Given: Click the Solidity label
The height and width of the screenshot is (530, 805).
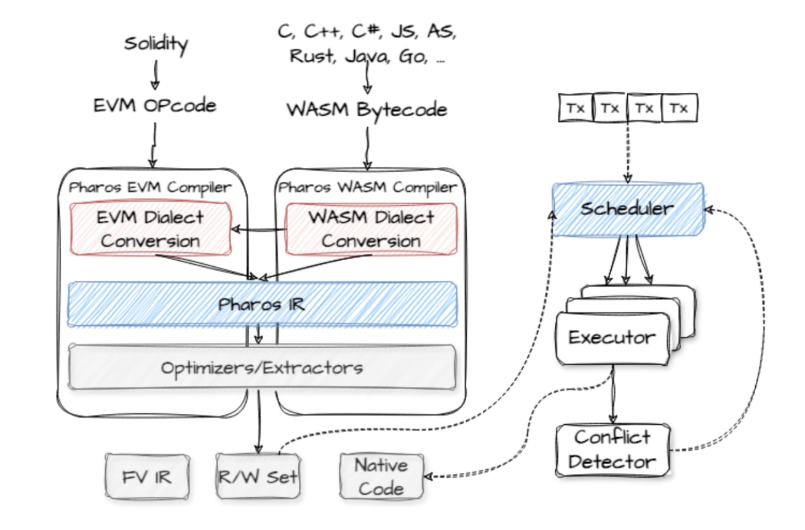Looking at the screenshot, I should pyautogui.click(x=156, y=44).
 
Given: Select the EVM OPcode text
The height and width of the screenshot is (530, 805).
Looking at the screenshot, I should pyautogui.click(x=155, y=106).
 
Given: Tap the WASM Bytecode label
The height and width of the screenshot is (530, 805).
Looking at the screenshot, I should pyautogui.click(x=367, y=109).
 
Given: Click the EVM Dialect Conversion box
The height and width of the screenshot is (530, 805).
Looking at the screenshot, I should pyautogui.click(x=151, y=229).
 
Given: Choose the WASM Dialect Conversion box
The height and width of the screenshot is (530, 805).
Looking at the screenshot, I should pyautogui.click(x=371, y=229).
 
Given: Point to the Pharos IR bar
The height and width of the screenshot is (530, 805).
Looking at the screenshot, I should pyautogui.click(x=261, y=304).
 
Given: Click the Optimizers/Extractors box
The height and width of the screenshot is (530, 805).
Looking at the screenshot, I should pyautogui.click(x=261, y=368).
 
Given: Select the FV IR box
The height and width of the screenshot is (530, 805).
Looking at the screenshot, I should pyautogui.click(x=146, y=477).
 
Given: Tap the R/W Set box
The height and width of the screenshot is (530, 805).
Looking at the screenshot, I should pyautogui.click(x=258, y=477).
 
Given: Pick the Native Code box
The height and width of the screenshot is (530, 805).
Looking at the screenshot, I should pyautogui.click(x=381, y=477).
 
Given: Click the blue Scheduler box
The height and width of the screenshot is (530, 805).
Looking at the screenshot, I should pyautogui.click(x=627, y=209).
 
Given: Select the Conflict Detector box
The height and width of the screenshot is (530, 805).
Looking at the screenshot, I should pyautogui.click(x=612, y=449).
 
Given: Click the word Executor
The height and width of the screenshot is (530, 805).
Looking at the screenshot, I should pyautogui.click(x=611, y=338).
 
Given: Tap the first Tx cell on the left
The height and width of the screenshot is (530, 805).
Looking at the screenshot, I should pyautogui.click(x=575, y=108).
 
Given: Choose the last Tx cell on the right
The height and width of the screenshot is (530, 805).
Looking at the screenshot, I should pyautogui.click(x=679, y=108).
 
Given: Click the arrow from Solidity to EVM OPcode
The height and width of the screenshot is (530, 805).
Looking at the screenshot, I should pyautogui.click(x=155, y=74).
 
